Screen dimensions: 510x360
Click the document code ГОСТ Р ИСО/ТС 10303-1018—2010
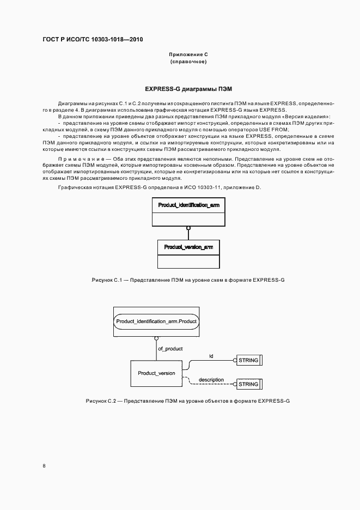(x=93, y=39)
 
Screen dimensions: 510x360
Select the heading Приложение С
(x=188, y=55)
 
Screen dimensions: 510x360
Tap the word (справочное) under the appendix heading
(x=188, y=62)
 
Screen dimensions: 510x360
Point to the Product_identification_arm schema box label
(x=188, y=205)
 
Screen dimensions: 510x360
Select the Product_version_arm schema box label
(x=188, y=247)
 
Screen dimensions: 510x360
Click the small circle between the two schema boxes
(x=188, y=228)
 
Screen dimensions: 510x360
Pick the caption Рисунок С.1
(x=188, y=280)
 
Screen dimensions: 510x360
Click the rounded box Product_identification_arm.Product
(x=156, y=322)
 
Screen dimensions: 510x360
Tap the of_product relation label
(x=170, y=348)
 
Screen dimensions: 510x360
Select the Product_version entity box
(x=156, y=373)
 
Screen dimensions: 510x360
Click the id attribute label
(x=211, y=356)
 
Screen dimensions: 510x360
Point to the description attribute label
(x=211, y=379)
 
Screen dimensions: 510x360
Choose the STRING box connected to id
(x=248, y=360)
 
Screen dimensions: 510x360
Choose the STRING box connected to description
(x=248, y=384)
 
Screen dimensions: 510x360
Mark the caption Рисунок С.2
(x=188, y=401)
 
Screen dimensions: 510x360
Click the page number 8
(x=44, y=466)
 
